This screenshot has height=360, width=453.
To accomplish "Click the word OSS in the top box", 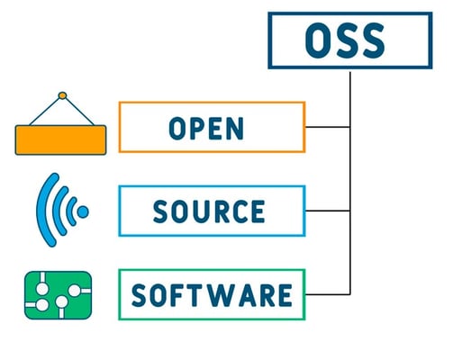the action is click(x=345, y=40).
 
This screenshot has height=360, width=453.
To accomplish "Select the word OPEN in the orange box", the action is click(x=206, y=129).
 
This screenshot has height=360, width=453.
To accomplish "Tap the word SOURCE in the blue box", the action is click(x=209, y=211).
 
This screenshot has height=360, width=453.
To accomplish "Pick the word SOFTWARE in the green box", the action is click(x=212, y=295).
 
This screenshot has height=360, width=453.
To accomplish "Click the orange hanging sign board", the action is click(x=60, y=139).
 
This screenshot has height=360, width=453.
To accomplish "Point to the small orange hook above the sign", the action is click(x=62, y=95).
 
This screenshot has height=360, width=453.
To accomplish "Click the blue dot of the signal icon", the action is click(x=83, y=211).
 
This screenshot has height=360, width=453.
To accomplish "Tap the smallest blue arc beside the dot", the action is click(x=70, y=211).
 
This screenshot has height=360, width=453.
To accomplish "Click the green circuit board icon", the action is click(x=58, y=295).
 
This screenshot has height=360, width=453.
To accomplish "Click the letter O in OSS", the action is click(x=317, y=40).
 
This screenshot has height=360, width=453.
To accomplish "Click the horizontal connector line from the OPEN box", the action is click(x=328, y=127).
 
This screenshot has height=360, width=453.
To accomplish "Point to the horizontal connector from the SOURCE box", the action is click(x=328, y=211).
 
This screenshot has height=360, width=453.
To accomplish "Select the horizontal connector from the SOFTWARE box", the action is click(x=328, y=294).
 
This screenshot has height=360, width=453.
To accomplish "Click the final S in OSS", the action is click(x=373, y=40).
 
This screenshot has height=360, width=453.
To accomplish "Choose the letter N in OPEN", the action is click(x=236, y=129).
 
